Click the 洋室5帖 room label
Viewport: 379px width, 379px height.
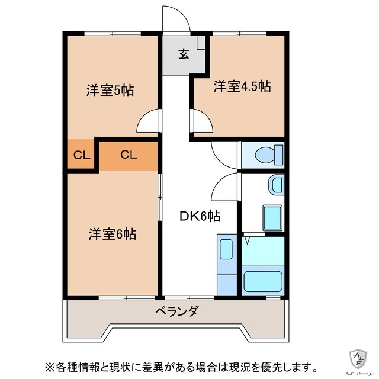(110, 91)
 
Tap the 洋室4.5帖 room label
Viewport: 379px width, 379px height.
(242, 86)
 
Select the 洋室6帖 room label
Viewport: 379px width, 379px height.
(113, 233)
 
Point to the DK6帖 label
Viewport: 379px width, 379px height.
(200, 216)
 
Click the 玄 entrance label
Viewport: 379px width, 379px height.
(184, 55)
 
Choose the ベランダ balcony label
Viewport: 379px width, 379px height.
(177, 311)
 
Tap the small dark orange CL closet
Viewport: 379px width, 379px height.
(81, 156)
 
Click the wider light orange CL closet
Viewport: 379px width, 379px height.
(129, 155)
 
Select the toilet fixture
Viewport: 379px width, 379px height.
(268, 155)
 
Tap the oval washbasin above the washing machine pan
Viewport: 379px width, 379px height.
(276, 185)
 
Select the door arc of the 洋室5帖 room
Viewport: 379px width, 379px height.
(148, 123)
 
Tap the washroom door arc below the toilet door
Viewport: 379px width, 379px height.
(224, 188)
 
